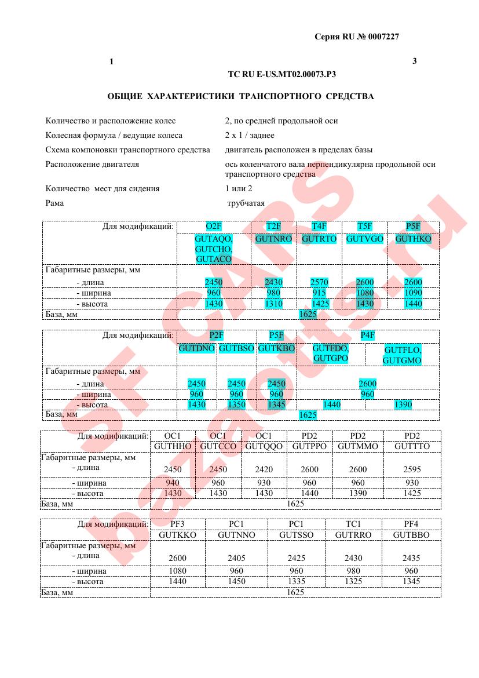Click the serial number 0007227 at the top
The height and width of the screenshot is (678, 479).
(x=379, y=37)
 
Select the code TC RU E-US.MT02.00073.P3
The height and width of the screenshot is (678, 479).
(x=282, y=74)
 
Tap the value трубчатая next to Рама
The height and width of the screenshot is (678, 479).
(x=246, y=203)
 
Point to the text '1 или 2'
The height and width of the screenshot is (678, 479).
(x=239, y=188)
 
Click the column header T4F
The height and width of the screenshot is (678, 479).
(x=319, y=227)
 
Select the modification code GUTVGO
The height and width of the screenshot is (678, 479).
(x=365, y=239)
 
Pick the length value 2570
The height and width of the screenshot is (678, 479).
(x=319, y=282)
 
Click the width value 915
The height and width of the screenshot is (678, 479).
(x=319, y=293)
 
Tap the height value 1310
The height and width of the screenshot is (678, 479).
(x=273, y=304)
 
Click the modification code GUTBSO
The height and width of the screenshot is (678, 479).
(x=236, y=348)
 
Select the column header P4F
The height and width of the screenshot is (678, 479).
(x=368, y=336)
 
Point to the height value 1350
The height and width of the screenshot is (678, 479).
(x=236, y=404)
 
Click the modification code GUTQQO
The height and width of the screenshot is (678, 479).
(x=264, y=447)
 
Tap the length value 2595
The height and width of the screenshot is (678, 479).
(x=412, y=469)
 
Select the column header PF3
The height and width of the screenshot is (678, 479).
(x=177, y=524)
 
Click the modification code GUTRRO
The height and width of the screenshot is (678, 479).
(x=353, y=535)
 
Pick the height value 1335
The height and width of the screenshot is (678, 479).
(x=296, y=581)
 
